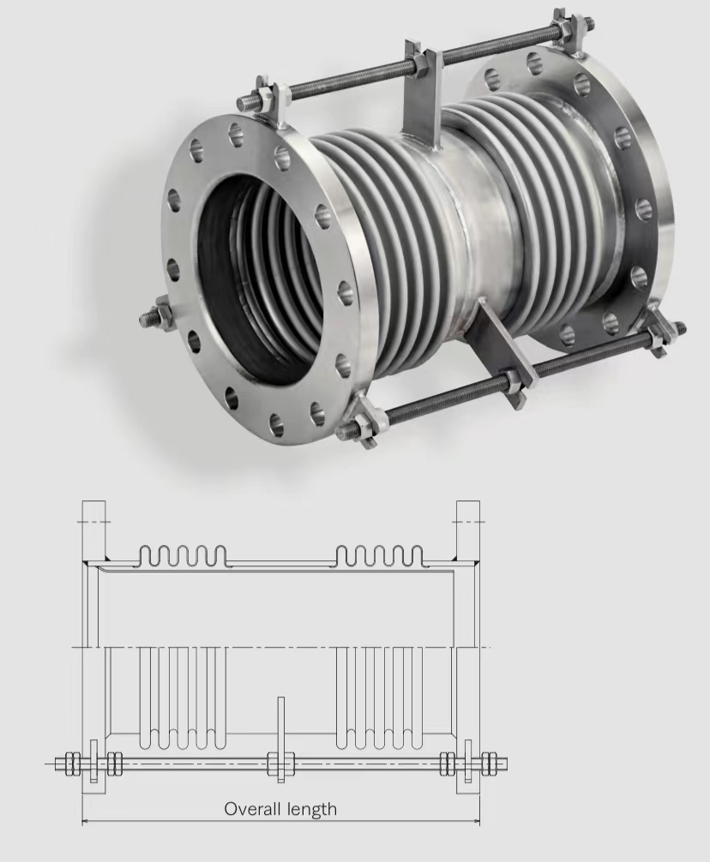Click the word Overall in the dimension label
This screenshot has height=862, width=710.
(253, 809)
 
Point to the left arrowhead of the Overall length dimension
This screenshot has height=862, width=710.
(86, 822)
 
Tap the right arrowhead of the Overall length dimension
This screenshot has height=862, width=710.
(476, 822)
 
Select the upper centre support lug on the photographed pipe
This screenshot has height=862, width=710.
(423, 94)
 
